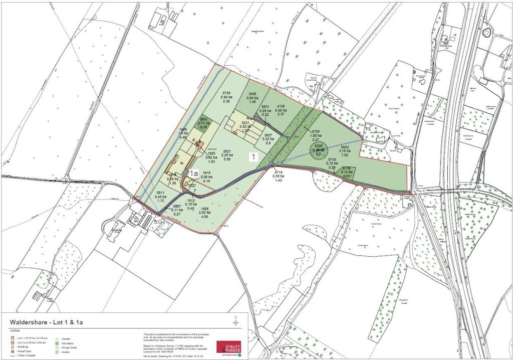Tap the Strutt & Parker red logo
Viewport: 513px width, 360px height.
[228, 347]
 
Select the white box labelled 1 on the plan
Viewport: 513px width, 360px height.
[254, 157]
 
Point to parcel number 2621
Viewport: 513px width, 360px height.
[227, 151]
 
